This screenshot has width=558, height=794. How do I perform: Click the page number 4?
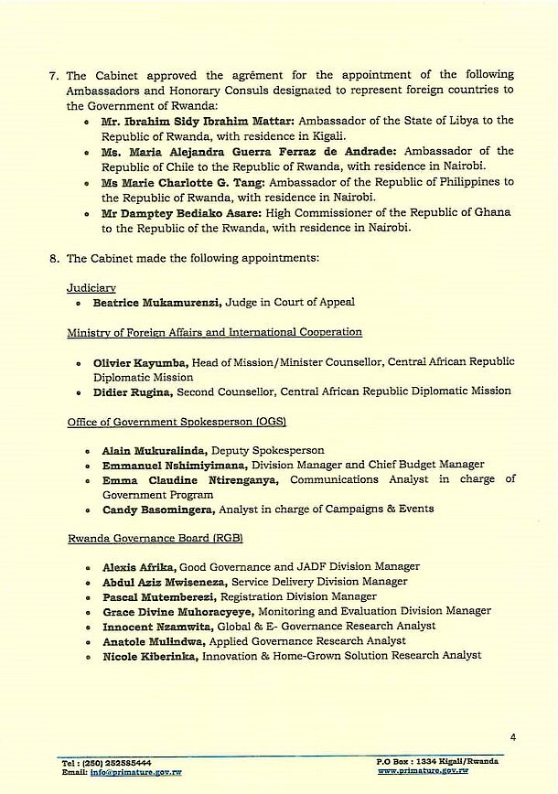click(x=513, y=736)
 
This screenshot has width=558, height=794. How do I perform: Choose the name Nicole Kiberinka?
click(x=150, y=655)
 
